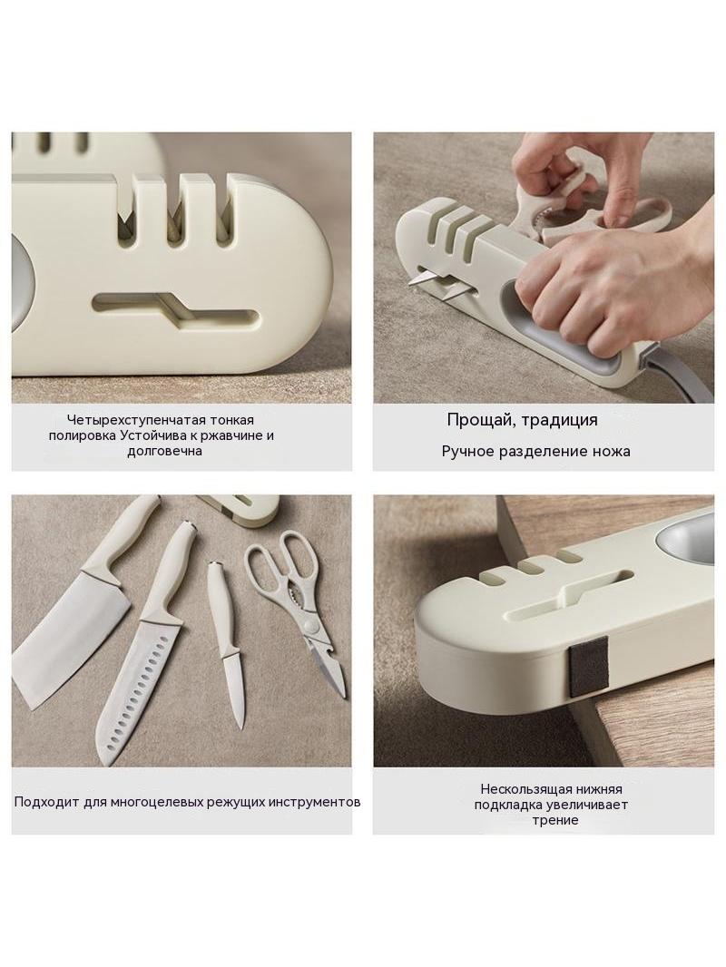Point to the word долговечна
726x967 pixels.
[164, 451]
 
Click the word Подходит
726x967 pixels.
[40, 802]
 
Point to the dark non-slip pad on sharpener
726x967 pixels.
[588, 668]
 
